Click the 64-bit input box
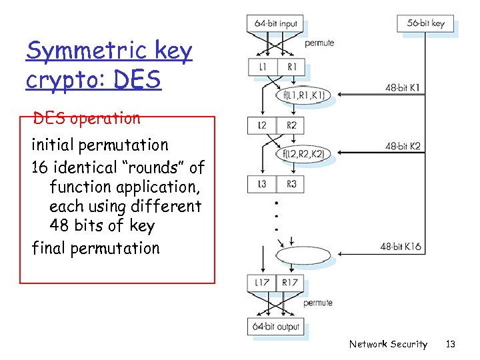tap(276, 23)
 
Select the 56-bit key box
tap(425, 23)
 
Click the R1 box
tap(291, 67)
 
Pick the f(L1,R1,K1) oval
tap(303, 95)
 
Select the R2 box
tap(291, 125)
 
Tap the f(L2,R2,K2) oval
tap(303, 154)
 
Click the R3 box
tap(291, 184)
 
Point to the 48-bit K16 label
tap(401, 247)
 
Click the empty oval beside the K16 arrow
tap(302, 256)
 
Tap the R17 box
tap(291, 283)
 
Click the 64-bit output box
tap(276, 327)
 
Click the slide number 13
tap(451, 344)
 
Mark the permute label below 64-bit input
tap(319, 43)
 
